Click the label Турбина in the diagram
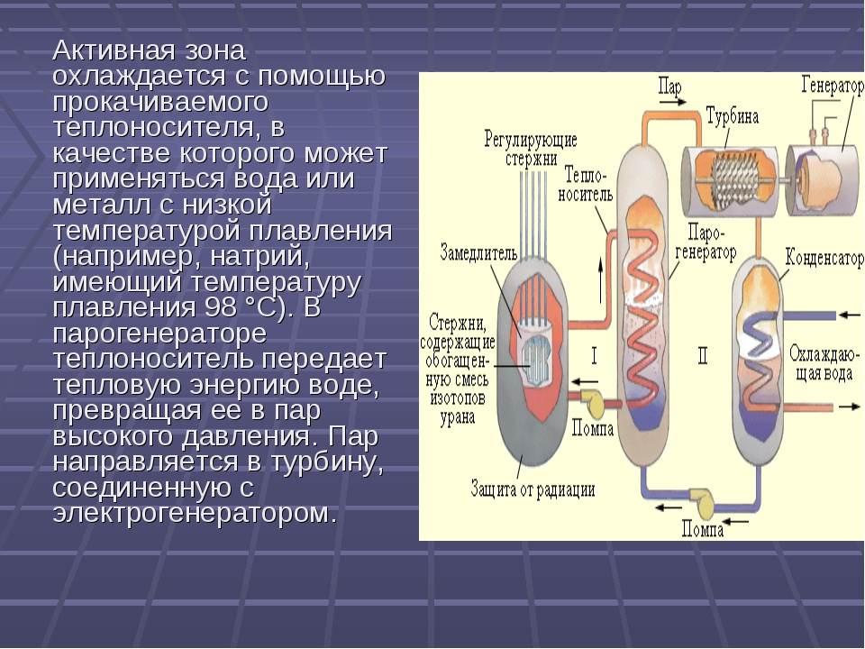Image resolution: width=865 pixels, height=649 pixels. [732, 116]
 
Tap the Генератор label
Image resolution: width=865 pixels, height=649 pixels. [830, 87]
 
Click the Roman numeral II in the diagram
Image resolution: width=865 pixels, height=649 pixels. [703, 357]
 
